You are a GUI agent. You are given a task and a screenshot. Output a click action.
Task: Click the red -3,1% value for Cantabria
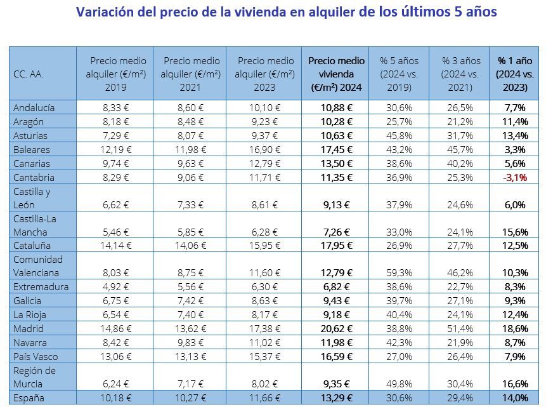514,178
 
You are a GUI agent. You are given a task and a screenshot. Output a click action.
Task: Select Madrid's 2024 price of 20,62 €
336,329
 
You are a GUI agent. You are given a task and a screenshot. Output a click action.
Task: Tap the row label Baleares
32,150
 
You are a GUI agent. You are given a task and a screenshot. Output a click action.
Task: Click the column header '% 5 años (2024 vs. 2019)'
399,74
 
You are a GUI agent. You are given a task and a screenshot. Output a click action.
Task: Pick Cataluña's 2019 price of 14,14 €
115,245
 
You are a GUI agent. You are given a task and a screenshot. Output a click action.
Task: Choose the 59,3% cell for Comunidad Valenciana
399,272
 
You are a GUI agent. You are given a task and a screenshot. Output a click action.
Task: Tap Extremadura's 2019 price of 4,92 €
115,286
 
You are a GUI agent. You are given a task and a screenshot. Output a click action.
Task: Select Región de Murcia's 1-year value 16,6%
514,384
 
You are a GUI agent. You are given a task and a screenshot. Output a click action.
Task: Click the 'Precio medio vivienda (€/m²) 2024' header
336,74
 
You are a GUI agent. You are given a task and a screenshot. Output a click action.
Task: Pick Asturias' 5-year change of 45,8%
399,136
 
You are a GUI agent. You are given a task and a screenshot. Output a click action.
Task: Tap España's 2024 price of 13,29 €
336,397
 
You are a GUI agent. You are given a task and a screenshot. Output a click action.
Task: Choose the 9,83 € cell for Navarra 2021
190,342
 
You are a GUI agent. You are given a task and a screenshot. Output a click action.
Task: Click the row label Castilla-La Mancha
35,225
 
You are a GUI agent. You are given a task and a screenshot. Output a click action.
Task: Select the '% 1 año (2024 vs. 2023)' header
514,74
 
